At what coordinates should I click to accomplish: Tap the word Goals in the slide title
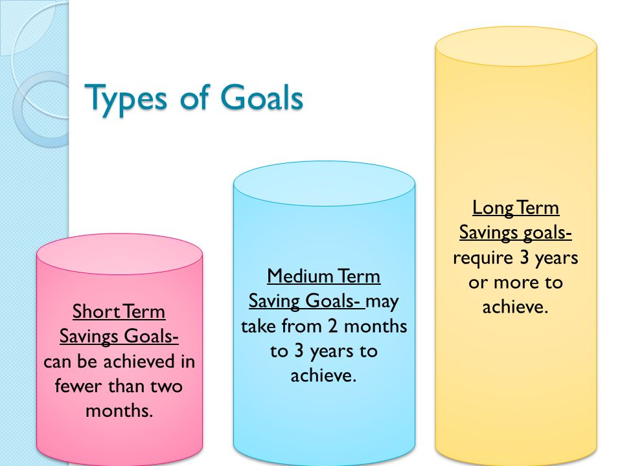tap(262, 96)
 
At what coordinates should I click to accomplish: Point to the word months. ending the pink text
tap(119, 410)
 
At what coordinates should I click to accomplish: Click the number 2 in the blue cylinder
tap(333, 326)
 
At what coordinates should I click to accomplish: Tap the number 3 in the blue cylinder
tap(299, 351)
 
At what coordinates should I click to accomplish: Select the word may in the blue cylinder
tap(382, 302)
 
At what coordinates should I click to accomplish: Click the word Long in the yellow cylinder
tap(493, 208)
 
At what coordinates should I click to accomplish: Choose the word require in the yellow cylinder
tap(483, 258)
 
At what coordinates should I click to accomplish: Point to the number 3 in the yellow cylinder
tap(524, 257)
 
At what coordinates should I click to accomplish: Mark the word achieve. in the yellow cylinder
tap(515, 307)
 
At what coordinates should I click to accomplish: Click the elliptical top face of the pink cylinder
tap(119, 254)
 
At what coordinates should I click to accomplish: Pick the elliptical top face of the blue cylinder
tap(324, 183)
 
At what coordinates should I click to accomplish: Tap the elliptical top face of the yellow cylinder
tap(516, 47)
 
